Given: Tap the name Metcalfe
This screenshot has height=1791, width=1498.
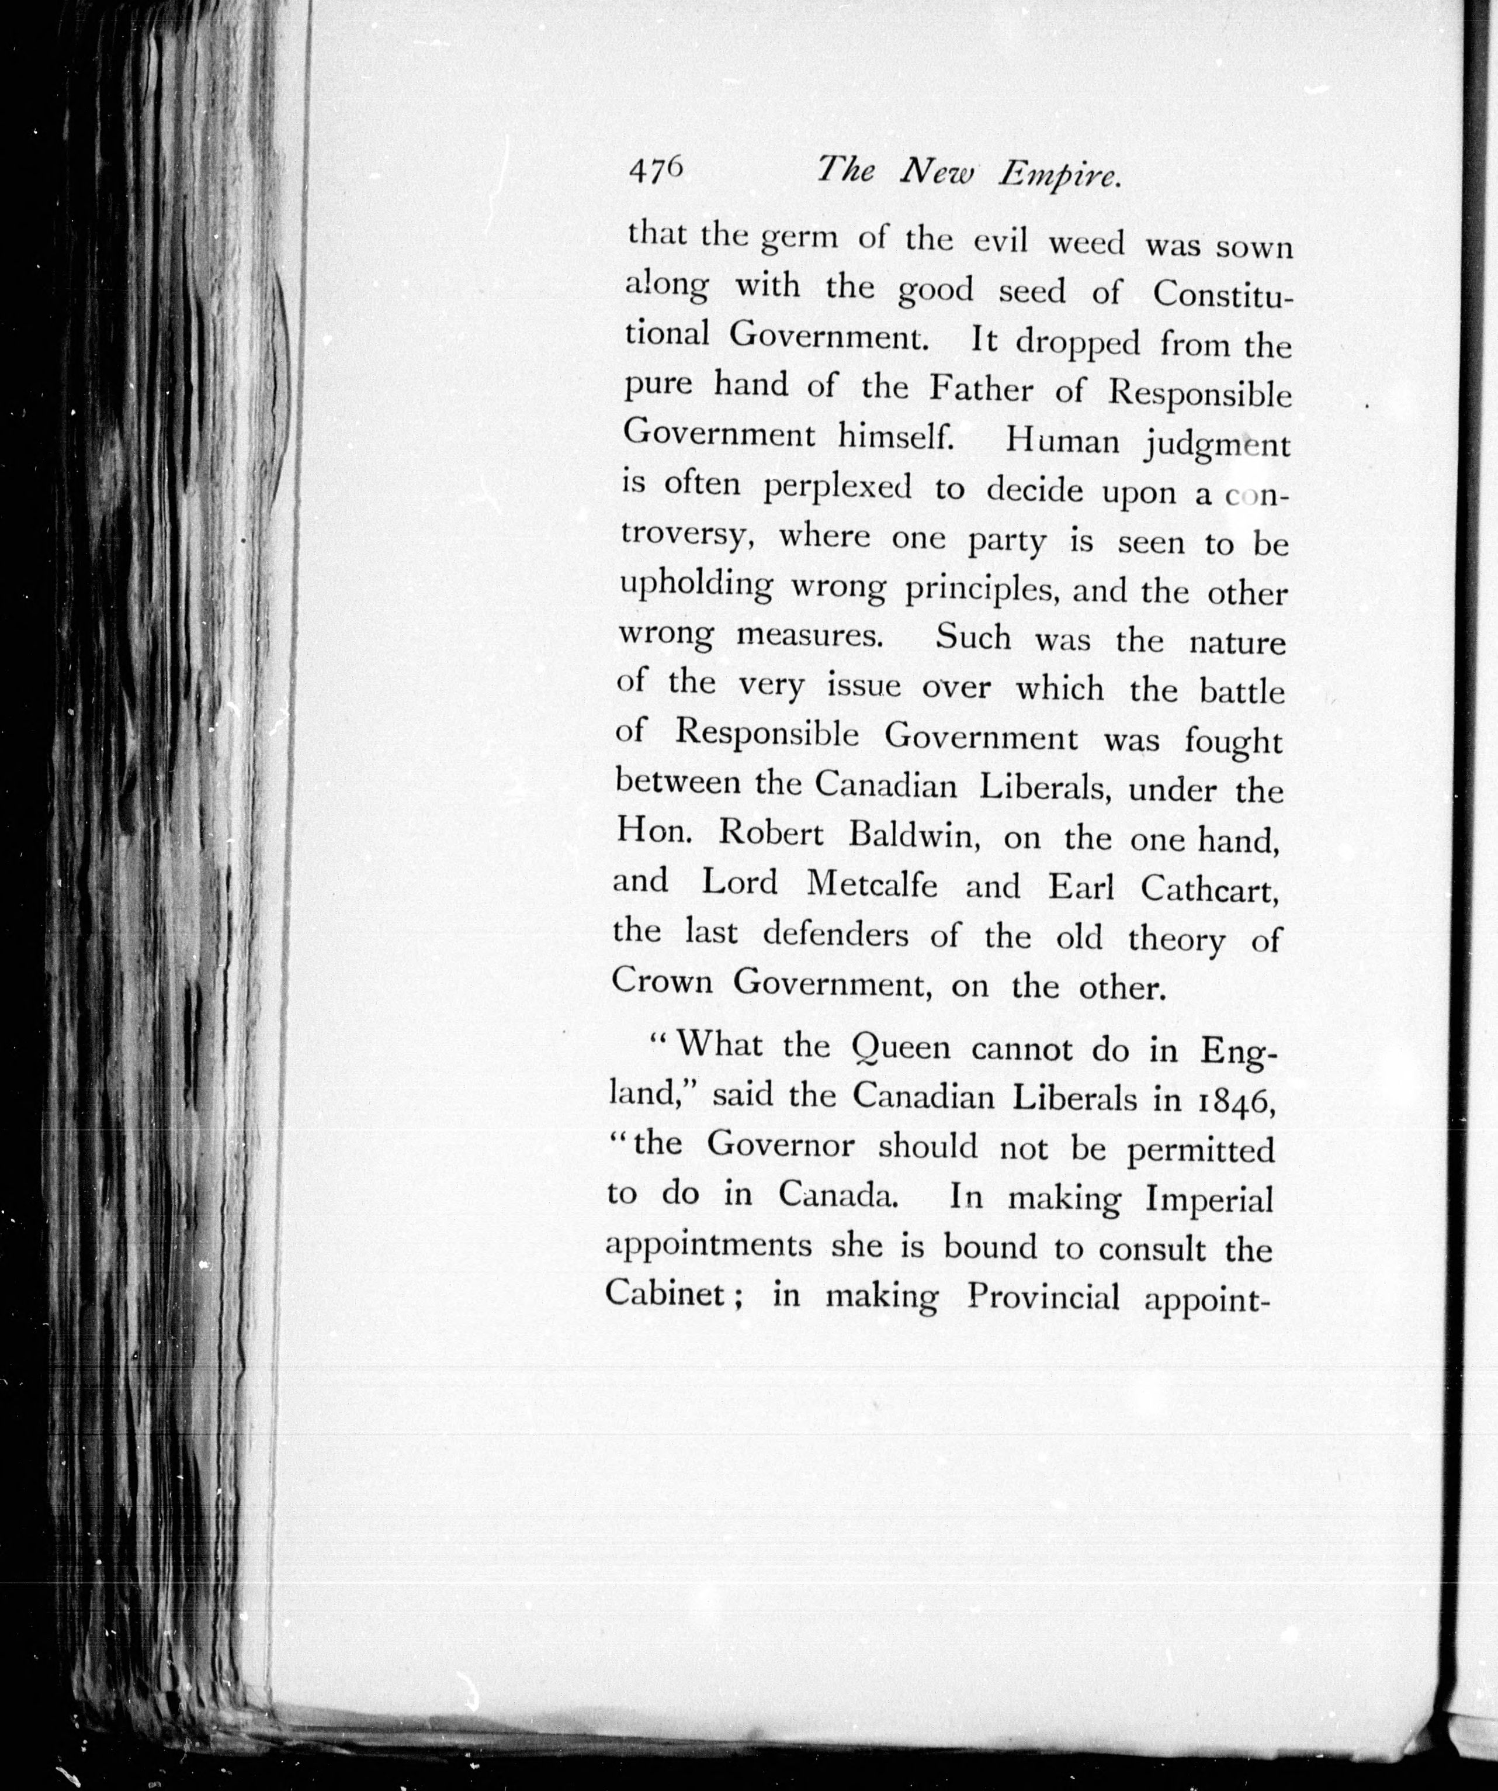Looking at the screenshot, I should pyautogui.click(x=871, y=884).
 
